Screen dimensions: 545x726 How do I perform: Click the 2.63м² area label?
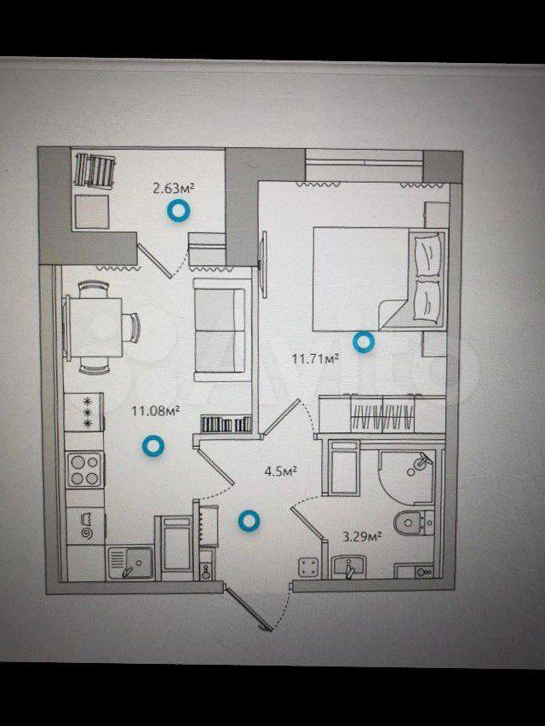point(174,188)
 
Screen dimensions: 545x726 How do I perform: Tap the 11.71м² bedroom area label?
point(316,358)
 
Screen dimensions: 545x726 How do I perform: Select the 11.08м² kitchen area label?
point(156,410)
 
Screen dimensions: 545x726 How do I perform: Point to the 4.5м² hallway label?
point(280,472)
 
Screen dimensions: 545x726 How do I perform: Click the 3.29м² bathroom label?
point(362,537)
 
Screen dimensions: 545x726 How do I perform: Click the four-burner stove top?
point(84,470)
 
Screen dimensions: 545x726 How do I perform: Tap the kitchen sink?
point(129,563)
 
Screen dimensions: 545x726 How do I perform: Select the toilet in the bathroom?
point(413,523)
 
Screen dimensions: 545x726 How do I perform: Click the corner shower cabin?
point(407,477)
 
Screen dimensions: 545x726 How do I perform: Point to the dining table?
point(94,328)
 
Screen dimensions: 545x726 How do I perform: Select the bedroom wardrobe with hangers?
point(382,414)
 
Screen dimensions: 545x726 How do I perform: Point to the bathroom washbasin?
point(348,567)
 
